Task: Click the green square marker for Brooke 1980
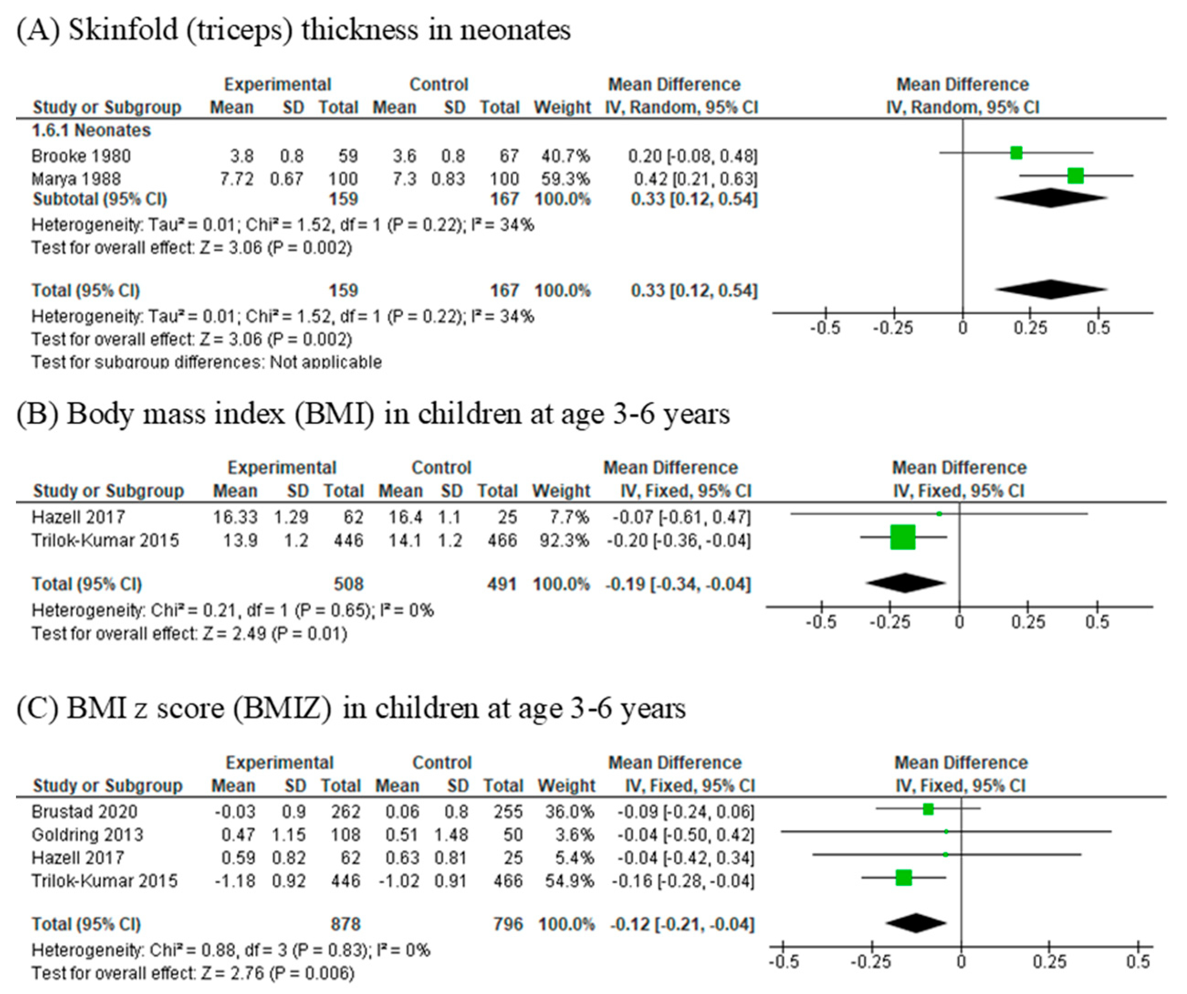[1016, 152]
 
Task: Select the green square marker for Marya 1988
[1075, 176]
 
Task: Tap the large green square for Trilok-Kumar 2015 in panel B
[902, 537]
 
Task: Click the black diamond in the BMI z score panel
[915, 923]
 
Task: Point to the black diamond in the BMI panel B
[905, 583]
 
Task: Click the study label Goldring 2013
[87, 835]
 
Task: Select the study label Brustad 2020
[84, 812]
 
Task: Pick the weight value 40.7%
[565, 156]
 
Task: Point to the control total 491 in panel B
[502, 584]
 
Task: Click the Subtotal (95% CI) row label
[99, 199]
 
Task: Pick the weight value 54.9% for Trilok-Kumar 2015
[569, 880]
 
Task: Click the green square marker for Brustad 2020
[927, 809]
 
